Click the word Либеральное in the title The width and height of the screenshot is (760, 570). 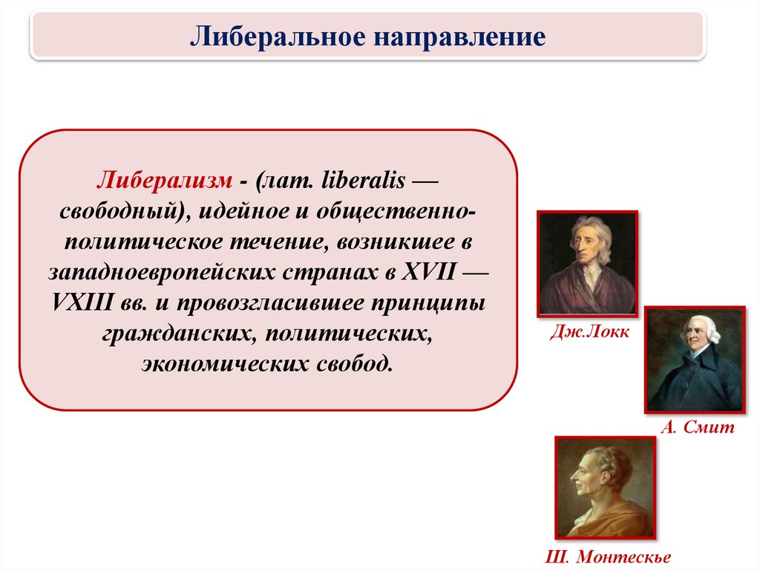[x=277, y=36]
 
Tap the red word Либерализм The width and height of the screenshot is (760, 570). [x=164, y=181]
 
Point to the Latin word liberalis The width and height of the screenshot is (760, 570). [x=364, y=180]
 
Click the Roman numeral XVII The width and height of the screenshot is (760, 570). [x=429, y=272]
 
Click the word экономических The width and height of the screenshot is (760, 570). [x=224, y=364]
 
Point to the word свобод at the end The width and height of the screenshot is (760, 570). [x=355, y=363]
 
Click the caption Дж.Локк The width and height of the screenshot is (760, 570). [x=590, y=331]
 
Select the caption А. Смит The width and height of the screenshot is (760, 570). [x=698, y=427]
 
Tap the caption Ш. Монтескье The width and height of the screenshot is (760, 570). [x=609, y=557]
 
